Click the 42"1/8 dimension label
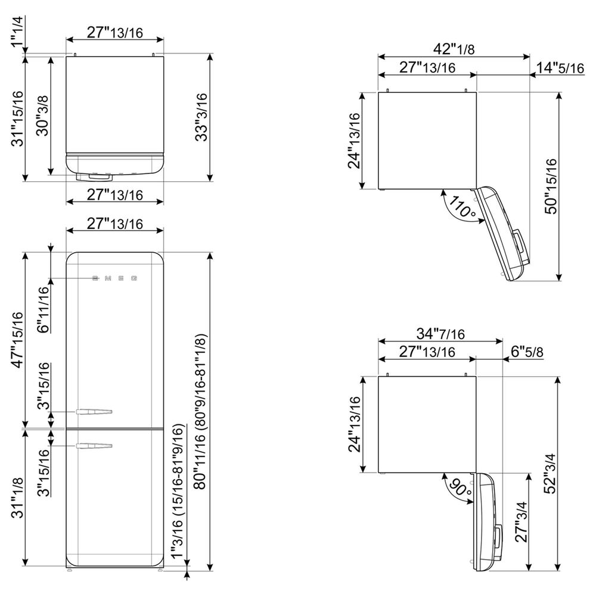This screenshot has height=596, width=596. [x=454, y=49]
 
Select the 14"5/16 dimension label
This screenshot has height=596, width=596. [x=560, y=68]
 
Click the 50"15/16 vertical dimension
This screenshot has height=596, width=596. [x=551, y=186]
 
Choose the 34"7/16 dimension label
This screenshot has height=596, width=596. [x=440, y=333]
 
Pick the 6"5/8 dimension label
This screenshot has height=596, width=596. [x=527, y=352]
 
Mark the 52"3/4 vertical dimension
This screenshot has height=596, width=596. [x=550, y=474]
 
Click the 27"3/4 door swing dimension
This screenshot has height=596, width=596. [x=521, y=521]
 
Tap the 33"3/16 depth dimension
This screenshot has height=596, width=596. [x=201, y=117]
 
